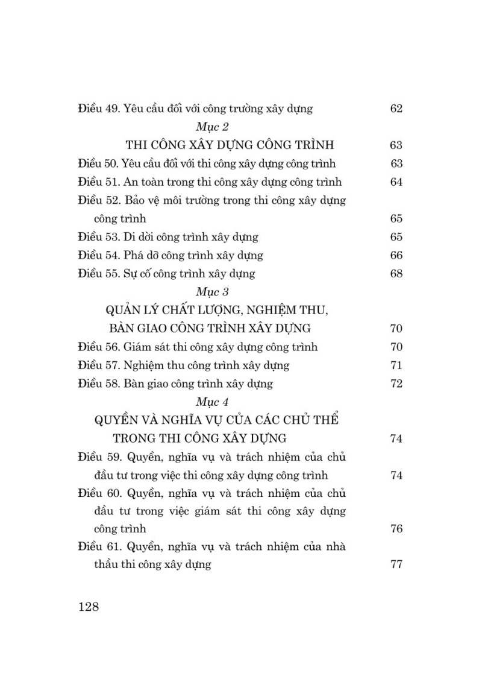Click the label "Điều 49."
point(99,109)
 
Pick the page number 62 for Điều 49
point(396,109)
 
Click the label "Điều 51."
point(99,182)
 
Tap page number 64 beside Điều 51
point(396,182)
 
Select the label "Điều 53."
point(99,237)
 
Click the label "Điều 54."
point(99,256)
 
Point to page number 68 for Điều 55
point(396,274)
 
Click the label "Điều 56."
point(99,347)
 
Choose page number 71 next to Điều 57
point(396,365)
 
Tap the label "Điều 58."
point(99,384)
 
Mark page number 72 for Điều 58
point(396,384)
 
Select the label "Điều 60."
point(99,493)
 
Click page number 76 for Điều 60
point(396,529)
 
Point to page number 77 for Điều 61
point(396,566)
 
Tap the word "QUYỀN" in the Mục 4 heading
point(118,420)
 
